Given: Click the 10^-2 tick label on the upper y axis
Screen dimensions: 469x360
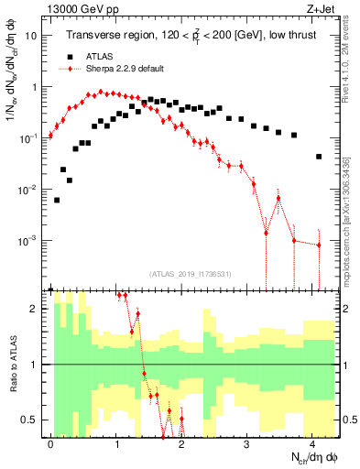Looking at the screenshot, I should click(28, 190).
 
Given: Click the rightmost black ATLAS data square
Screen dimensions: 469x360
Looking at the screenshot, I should click(319, 157).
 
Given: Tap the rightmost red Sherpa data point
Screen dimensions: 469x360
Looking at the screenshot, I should click(319, 245).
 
